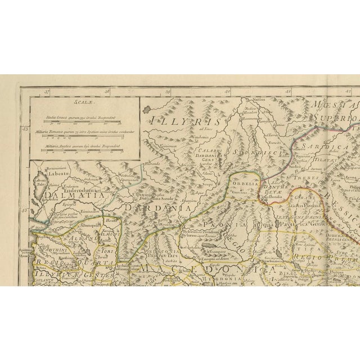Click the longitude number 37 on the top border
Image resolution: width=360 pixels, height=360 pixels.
coord(48,90)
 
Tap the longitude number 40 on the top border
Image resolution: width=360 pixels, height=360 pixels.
coord(228,90)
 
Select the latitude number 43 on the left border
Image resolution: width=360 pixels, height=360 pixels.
coord(25,129)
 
